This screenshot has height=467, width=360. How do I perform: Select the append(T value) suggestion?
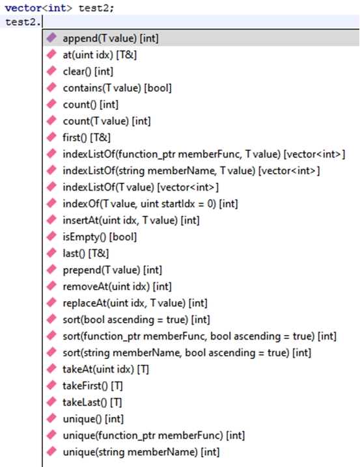(x=111, y=38)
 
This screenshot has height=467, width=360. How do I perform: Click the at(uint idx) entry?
(x=100, y=55)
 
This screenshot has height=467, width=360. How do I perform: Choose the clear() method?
(x=88, y=72)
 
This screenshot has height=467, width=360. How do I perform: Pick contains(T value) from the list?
(x=117, y=88)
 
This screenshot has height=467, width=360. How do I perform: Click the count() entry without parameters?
(x=90, y=105)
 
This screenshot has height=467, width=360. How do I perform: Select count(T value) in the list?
(x=107, y=121)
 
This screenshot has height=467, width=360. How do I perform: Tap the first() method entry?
(x=87, y=138)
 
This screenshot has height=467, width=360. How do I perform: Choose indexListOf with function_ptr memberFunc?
(x=204, y=154)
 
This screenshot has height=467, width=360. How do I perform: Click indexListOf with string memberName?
(x=191, y=170)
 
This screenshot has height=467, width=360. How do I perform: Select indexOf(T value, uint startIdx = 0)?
(x=150, y=204)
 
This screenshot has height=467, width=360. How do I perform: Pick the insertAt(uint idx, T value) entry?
(x=131, y=220)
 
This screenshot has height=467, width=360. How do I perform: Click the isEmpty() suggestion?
(x=100, y=237)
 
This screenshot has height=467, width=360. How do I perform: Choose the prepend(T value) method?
(x=113, y=270)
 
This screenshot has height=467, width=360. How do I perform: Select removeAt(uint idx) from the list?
(x=117, y=287)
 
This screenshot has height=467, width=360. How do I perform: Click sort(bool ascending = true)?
(x=136, y=319)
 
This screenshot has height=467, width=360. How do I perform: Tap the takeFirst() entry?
(x=92, y=386)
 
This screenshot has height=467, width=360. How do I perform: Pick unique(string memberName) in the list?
(x=141, y=452)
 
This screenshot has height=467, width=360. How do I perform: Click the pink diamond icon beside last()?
(x=51, y=252)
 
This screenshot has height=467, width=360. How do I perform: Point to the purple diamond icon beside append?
(x=51, y=38)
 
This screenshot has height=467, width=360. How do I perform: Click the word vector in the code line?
(x=23, y=8)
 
